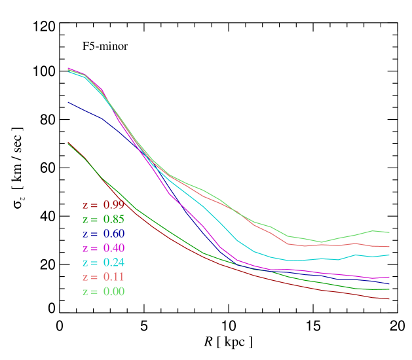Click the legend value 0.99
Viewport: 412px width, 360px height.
pos(113,205)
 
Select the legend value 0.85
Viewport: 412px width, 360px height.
pos(113,219)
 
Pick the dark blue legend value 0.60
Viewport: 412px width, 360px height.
pos(113,234)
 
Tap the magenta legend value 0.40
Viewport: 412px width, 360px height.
pos(113,248)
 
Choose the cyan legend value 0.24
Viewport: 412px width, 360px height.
pos(113,262)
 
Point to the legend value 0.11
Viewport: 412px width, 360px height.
pos(113,277)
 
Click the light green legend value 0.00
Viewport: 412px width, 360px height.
pos(113,291)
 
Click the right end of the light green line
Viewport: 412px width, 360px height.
pos(390,232)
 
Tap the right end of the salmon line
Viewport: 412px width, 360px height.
pos(390,247)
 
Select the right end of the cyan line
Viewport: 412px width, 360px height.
pos(390,255)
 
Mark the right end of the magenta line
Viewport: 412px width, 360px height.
pos(390,277)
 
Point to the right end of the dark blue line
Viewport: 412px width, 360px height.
pos(390,283)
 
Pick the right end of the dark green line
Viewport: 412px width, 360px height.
pos(390,289)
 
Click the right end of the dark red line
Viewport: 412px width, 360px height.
pos(390,299)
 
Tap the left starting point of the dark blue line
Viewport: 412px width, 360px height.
pos(68,102)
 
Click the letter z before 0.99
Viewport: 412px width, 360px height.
pos(85,206)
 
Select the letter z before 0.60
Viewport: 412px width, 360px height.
pos(85,234)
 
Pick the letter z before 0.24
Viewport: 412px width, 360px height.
pos(85,263)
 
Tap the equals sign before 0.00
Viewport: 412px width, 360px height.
pos(95,292)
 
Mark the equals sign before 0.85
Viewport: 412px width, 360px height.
pos(95,220)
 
